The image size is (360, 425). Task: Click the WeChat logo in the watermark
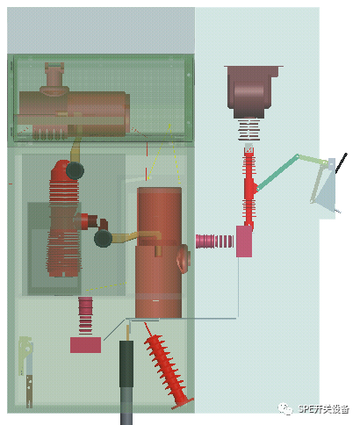[284, 408]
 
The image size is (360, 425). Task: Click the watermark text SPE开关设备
[323, 409]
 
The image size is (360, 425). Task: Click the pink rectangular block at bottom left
[86, 345]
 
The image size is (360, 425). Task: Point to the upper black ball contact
[75, 170]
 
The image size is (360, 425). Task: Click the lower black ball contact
[103, 238]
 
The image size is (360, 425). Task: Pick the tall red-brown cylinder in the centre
[159, 253]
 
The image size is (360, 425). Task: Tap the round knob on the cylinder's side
[184, 258]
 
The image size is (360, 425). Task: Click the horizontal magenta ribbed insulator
[214, 241]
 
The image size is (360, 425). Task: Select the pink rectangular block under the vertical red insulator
[244, 241]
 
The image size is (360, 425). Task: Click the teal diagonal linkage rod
[277, 173]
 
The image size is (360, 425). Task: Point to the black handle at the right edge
[342, 162]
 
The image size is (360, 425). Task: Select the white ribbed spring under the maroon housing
[249, 130]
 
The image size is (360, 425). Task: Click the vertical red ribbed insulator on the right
[248, 189]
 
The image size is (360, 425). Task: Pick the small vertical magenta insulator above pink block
[85, 315]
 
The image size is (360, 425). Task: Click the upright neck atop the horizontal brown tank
[54, 76]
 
